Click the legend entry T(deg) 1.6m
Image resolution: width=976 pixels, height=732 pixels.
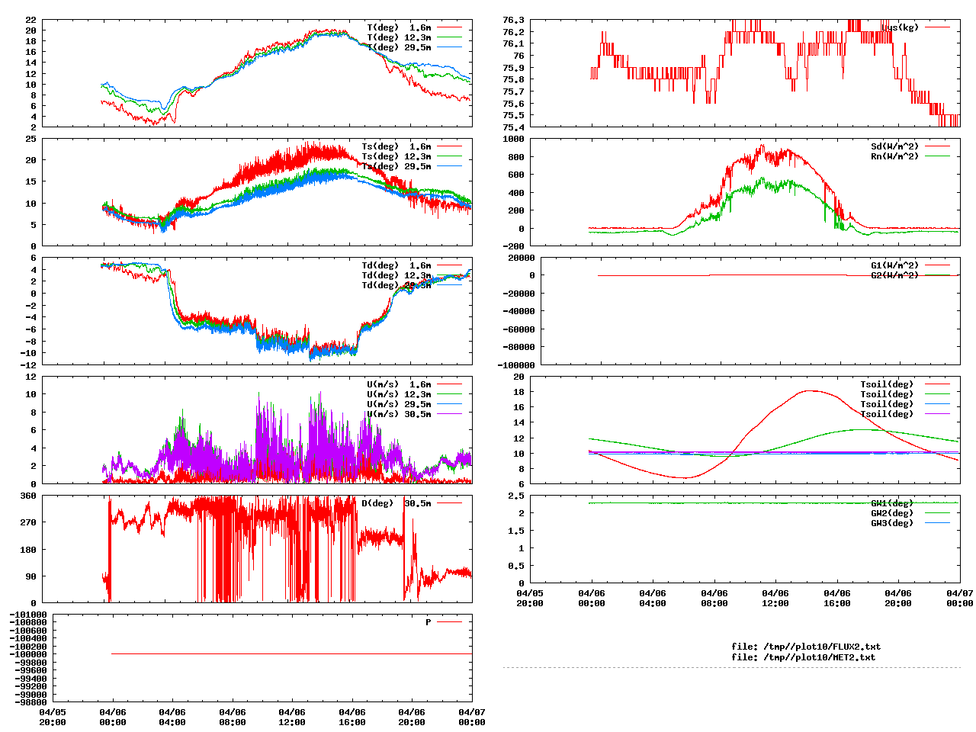click(x=399, y=27)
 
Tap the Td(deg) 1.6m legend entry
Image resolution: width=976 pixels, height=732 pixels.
click(x=396, y=265)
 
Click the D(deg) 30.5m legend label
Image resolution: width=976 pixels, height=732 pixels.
click(x=396, y=503)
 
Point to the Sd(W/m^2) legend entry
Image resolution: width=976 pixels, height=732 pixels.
click(x=894, y=146)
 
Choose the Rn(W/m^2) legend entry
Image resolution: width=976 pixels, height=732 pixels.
click(x=894, y=156)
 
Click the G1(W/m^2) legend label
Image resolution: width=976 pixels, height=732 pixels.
click(x=894, y=265)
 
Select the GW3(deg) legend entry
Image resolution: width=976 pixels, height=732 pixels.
click(x=891, y=523)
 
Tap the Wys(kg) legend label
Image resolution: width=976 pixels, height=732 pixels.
click(x=900, y=27)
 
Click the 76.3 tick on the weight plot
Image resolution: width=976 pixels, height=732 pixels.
click(x=513, y=20)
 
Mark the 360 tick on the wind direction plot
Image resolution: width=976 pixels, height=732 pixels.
click(x=28, y=496)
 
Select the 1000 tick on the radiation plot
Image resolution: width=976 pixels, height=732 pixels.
click(x=513, y=139)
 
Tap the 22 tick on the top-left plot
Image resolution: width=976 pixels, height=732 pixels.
click(x=30, y=20)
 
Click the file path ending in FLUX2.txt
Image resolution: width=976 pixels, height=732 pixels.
click(x=805, y=647)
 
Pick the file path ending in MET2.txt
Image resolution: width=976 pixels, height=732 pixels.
click(x=803, y=657)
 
